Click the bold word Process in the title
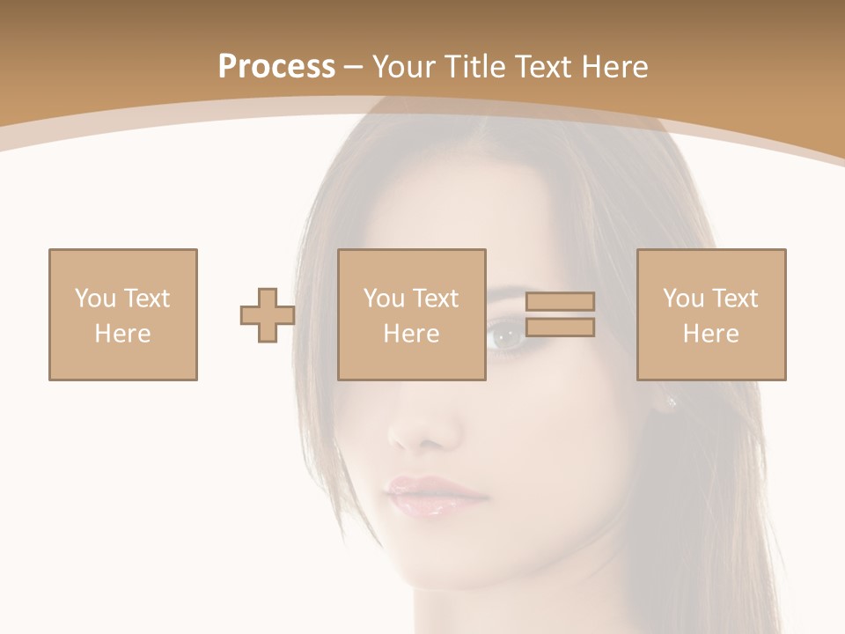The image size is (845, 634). pos(276,67)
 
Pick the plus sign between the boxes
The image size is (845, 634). pos(268,315)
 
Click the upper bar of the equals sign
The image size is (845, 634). pos(560,302)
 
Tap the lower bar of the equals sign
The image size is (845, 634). pos(560,328)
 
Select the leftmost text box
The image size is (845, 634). pos(123,314)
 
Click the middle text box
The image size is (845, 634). pos(412,314)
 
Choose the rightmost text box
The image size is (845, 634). pos(711,314)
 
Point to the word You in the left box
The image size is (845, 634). pos(94,299)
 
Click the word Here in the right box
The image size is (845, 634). pos(711,334)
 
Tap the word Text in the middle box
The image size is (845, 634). pos(436,299)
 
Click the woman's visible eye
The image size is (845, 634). pos(506,336)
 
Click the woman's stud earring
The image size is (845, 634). pos(672,402)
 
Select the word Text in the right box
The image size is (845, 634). pos(735,299)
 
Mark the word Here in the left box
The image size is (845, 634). pos(123,334)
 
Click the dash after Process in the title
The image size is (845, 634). pos(354,67)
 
